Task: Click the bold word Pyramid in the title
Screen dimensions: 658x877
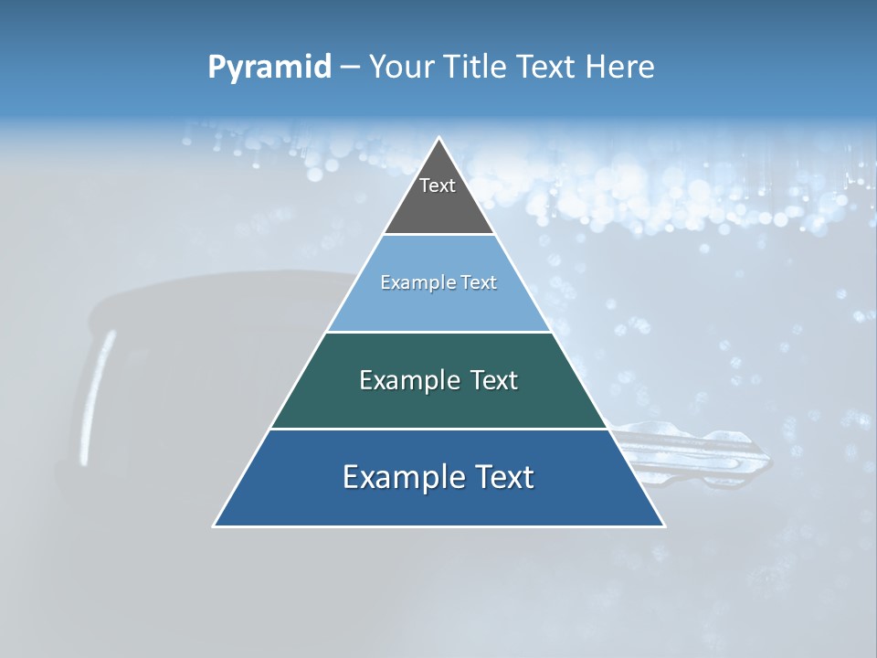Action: click(269, 68)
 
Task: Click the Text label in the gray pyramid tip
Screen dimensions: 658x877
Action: click(438, 186)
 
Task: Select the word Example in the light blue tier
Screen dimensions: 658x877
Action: click(413, 283)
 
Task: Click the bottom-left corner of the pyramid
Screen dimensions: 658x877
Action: click(215, 525)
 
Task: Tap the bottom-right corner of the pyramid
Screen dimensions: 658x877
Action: click(663, 525)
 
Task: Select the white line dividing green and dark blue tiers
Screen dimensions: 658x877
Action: click(438, 429)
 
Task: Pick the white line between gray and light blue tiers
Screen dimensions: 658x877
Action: click(438, 235)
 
